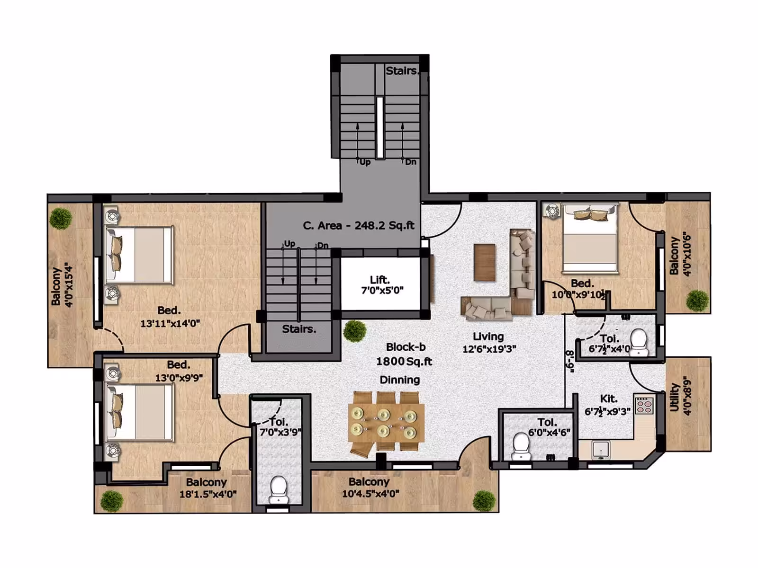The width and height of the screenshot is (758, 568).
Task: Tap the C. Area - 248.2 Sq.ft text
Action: (359, 226)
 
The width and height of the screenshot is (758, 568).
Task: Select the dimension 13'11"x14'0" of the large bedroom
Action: (170, 323)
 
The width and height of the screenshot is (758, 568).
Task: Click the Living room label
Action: (488, 336)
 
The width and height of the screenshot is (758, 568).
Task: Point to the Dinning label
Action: (399, 380)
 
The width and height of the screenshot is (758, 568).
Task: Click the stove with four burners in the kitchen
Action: (644, 405)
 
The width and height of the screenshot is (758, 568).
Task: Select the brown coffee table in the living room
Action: (485, 262)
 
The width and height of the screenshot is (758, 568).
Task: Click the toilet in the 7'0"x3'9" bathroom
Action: (278, 490)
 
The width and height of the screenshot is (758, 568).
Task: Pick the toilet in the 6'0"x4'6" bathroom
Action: (521, 447)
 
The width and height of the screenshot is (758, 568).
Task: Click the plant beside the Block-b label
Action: (355, 331)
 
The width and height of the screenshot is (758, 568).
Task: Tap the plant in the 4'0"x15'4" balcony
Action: (61, 219)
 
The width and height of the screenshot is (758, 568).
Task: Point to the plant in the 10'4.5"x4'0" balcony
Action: (484, 501)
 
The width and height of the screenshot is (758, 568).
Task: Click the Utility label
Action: (675, 397)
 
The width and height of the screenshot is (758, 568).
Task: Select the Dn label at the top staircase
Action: (411, 162)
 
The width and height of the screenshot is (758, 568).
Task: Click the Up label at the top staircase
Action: (365, 162)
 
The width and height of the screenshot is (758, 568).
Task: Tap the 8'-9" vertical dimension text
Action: (569, 362)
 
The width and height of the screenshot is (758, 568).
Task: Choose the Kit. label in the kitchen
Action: (609, 399)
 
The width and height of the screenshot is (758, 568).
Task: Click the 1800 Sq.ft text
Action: (404, 362)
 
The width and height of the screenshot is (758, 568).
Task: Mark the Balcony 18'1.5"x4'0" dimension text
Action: (208, 494)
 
